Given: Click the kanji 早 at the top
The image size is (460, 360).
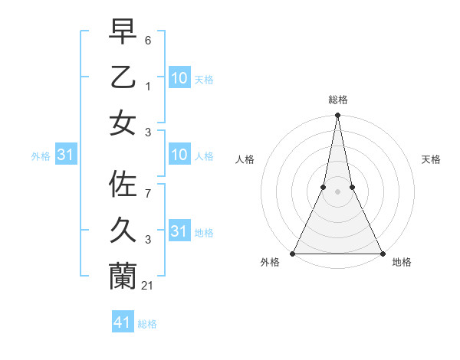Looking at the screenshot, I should tap(123, 31).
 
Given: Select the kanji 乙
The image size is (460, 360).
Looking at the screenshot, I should tap(123, 77).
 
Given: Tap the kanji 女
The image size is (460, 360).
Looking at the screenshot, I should tap(123, 122).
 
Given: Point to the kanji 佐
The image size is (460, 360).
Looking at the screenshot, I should tap(123, 185).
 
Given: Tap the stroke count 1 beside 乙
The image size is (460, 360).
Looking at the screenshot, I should tap(148, 86).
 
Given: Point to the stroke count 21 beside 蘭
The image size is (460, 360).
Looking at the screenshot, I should tap(149, 285).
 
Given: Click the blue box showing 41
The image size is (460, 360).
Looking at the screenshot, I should tap(123, 322).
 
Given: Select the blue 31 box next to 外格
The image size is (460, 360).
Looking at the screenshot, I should tap(65, 155).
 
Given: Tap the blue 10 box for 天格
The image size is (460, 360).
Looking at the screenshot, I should tap(179, 77).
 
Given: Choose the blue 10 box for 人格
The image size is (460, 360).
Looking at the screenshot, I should tap(179, 155).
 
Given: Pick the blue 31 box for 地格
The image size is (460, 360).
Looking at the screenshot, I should tap(179, 231).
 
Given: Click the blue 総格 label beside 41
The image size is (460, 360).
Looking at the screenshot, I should tap(147, 324).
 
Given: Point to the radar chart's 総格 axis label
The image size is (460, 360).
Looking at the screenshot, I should tap(337, 100).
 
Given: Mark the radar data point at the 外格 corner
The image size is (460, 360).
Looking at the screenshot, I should tap(294, 254).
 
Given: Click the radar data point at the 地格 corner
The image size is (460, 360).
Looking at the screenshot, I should tap(381, 254).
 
